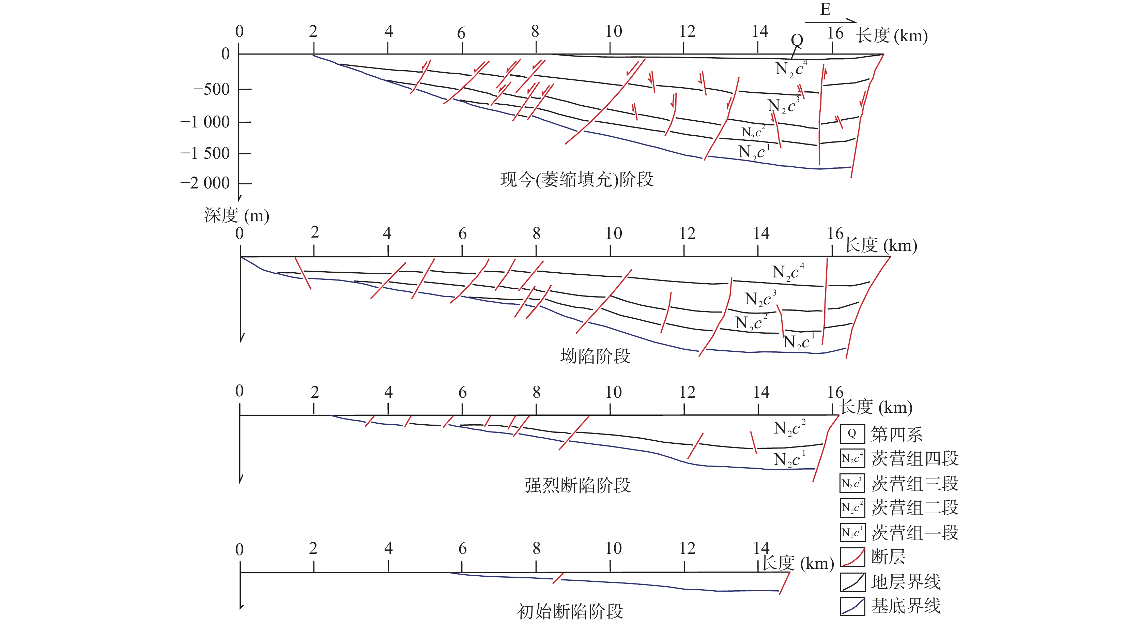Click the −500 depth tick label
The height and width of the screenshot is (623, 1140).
pyautogui.click(x=212, y=89)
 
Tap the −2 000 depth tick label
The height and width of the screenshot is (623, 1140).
pyautogui.click(x=205, y=183)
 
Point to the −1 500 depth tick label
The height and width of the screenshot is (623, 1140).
pyautogui.click(x=205, y=153)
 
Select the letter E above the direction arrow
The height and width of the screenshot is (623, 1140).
pyautogui.click(x=825, y=9)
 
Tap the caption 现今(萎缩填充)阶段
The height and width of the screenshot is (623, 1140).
pyautogui.click(x=576, y=179)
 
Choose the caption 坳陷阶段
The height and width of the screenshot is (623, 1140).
pyautogui.click(x=595, y=355)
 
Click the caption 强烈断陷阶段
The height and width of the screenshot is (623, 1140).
pyautogui.click(x=577, y=485)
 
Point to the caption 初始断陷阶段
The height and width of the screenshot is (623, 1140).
pyautogui.click(x=570, y=611)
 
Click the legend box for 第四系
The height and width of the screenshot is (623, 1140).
pyautogui.click(x=852, y=434)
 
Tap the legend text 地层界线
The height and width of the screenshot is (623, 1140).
pyautogui.click(x=906, y=582)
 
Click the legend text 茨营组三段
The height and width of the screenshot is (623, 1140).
pyautogui.click(x=915, y=483)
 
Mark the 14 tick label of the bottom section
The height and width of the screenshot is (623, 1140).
pyautogui.click(x=761, y=548)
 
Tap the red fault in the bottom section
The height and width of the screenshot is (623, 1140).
pyautogui.click(x=558, y=578)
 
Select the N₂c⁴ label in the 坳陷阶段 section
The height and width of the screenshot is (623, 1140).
pyautogui.click(x=788, y=272)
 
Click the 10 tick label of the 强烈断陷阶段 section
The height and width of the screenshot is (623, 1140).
pyautogui.click(x=613, y=392)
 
